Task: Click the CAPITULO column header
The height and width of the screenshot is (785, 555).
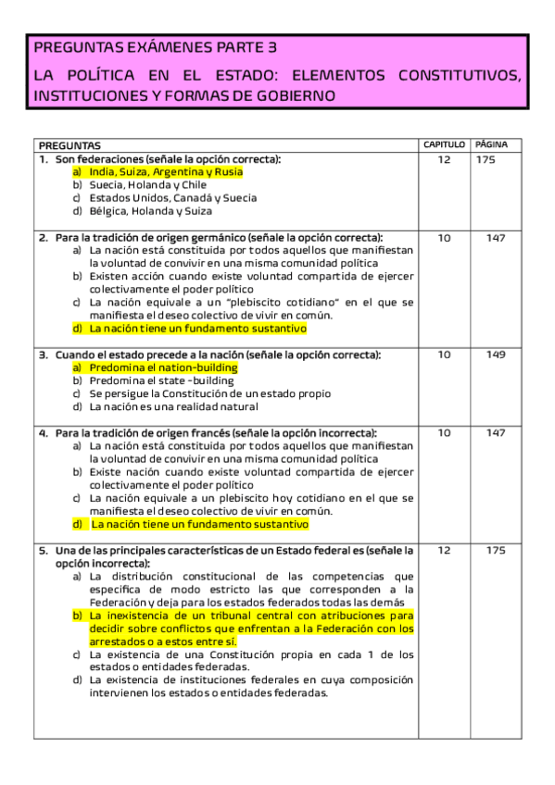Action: tap(444, 145)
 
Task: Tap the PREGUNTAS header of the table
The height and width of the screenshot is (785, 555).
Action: tap(69, 145)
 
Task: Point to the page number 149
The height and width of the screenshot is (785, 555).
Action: tap(496, 355)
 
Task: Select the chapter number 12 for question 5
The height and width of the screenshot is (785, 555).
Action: tap(444, 550)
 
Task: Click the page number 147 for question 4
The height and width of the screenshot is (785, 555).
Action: tap(496, 433)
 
